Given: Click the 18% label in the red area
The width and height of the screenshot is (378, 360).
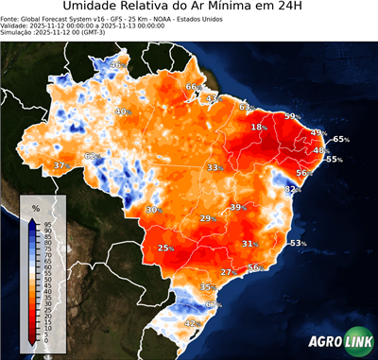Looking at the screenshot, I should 258,127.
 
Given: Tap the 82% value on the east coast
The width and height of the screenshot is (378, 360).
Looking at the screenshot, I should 293,190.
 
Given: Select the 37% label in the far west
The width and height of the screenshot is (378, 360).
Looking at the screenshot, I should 60,165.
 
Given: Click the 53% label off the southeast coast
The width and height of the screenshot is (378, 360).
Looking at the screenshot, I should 297,243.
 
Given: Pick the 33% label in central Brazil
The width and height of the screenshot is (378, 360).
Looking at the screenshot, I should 215,167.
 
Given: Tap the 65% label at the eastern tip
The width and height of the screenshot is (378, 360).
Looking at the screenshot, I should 340,140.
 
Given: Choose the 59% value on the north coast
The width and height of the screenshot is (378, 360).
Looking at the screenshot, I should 293,116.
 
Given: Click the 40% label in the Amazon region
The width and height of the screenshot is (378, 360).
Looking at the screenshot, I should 122,112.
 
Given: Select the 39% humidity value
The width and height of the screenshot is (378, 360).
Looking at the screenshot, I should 237,206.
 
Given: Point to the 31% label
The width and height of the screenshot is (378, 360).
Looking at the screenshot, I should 249,244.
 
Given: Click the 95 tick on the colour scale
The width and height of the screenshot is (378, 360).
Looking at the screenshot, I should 46,222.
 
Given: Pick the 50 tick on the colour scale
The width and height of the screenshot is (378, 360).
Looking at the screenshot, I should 46,280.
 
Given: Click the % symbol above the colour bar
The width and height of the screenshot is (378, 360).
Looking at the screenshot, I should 35,207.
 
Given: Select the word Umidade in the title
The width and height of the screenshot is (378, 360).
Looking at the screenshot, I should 95,9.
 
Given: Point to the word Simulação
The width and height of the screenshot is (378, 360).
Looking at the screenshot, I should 17,33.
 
